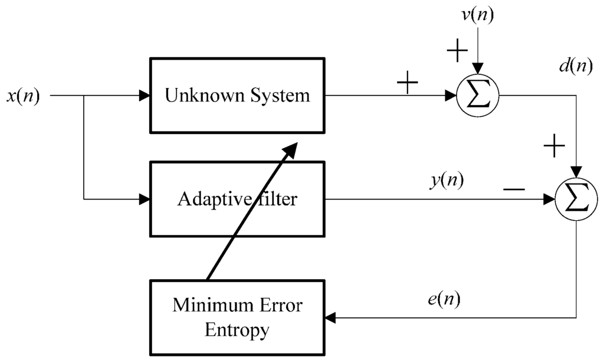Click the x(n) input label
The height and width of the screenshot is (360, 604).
pyautogui.click(x=22, y=96)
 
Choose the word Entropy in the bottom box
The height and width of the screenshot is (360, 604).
pyautogui.click(x=237, y=330)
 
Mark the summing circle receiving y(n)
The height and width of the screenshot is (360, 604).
pyautogui.click(x=577, y=199)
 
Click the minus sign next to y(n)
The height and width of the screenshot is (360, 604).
pyautogui.click(x=513, y=189)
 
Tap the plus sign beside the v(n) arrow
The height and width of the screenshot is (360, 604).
pyautogui.click(x=457, y=52)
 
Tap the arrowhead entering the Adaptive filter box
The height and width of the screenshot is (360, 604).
pyautogui.click(x=144, y=199)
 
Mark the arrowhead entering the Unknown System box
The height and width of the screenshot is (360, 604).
pyautogui.click(x=144, y=95)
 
